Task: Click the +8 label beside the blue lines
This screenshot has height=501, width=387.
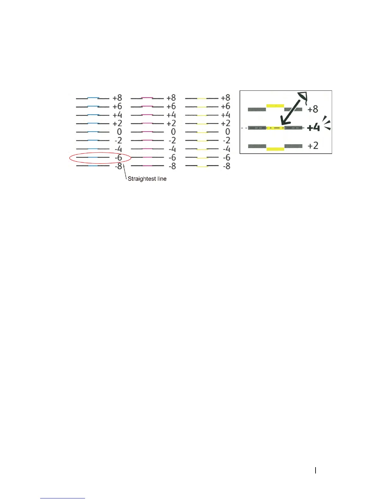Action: pos(117,98)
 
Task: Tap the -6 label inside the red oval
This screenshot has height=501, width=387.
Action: pos(118,158)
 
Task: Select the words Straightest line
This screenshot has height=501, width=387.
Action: pos(147,179)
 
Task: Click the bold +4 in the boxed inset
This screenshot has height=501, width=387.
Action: pos(313,128)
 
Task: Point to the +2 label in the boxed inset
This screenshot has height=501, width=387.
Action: pos(313,145)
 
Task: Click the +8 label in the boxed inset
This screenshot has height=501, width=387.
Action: pos(313,109)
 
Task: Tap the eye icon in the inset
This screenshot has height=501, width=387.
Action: pos(303,96)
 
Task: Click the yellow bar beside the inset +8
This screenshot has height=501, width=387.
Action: pos(275,106)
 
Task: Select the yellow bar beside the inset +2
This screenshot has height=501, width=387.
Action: pos(275,149)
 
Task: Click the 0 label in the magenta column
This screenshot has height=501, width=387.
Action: pos(173,132)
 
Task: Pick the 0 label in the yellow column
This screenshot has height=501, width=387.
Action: pos(227,132)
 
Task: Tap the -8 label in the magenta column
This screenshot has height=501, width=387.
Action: pos(172,166)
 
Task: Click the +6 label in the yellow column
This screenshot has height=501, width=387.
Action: pos(225,106)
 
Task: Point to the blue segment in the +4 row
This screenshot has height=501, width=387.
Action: pos(93,114)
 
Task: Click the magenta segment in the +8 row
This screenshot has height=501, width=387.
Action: pos(147,97)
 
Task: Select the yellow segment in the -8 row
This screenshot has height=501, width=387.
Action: pos(202,166)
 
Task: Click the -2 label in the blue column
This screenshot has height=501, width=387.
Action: pos(118,140)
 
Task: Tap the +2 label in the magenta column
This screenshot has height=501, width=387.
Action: pos(171,123)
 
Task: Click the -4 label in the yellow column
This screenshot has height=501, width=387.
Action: pos(226,149)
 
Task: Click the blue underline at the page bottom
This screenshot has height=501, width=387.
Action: pos(63,498)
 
